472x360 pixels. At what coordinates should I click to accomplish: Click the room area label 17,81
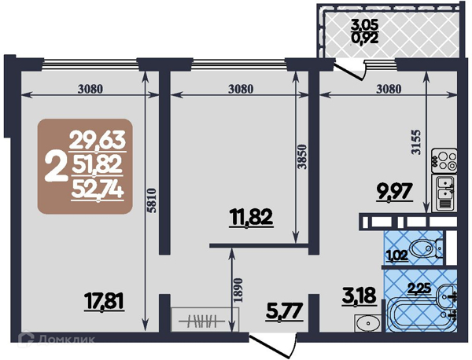pos(104,302)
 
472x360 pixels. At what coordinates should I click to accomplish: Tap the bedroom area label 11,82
pos(251,218)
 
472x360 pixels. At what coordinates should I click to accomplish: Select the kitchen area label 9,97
pos(394,191)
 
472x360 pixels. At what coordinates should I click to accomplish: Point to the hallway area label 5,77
pos(284,311)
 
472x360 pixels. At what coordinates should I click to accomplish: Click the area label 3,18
pos(360,296)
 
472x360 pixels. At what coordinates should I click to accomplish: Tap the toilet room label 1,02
pos(397,255)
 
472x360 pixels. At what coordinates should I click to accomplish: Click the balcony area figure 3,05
pos(364,25)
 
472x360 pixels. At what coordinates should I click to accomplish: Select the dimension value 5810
pos(153,201)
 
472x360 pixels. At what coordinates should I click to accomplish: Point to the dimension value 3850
pos(304,156)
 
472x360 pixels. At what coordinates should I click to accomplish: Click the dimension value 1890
pos(238,290)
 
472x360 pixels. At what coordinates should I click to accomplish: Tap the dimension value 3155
pos(415,142)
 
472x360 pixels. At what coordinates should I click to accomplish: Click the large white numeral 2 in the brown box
pos(55,167)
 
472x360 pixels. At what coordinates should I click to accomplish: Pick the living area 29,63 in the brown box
pos(98,141)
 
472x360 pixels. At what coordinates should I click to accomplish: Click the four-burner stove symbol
pos(444,160)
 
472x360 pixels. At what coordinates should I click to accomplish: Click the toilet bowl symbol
pos(426,248)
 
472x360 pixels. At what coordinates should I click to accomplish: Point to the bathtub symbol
pos(415,314)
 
